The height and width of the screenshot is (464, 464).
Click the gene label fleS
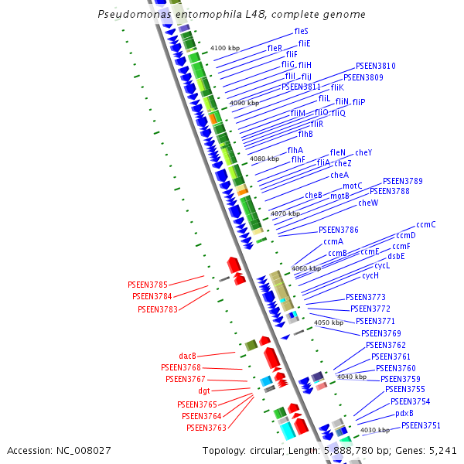[x=302, y=31]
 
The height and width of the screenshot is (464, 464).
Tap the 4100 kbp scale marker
[x=225, y=49]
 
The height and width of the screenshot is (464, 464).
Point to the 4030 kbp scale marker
[x=374, y=430]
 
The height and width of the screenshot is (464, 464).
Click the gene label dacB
[x=188, y=356]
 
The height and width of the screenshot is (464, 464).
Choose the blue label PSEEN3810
[x=375, y=67]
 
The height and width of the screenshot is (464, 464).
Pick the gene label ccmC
[x=426, y=225]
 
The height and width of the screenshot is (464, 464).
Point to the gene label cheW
[x=368, y=203]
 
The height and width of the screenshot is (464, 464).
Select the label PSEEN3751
[x=421, y=425]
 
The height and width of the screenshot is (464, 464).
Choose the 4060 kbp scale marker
[x=305, y=268]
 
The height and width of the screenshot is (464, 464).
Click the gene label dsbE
[x=397, y=256]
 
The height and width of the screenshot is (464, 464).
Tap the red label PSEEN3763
[x=206, y=428]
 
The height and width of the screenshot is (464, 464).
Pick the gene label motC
[x=353, y=186]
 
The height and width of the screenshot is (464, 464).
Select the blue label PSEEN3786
[x=338, y=230]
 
